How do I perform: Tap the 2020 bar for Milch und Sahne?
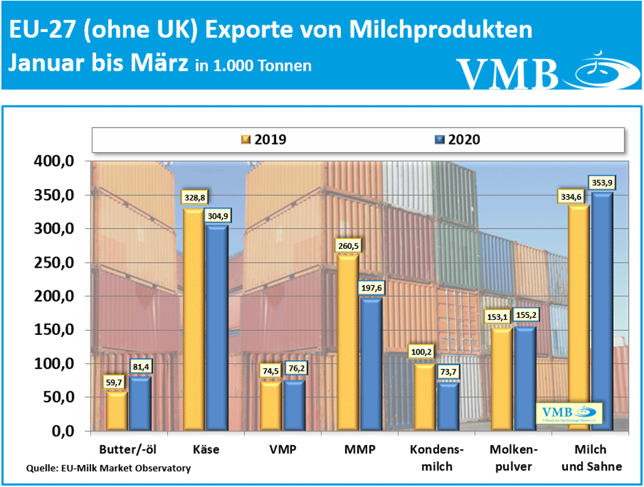pos(601,314)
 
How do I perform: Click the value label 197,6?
pos(369,288)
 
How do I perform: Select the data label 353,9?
pos(602,183)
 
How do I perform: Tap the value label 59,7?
pos(117,381)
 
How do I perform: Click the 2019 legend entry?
pos(264,140)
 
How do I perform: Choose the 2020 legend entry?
pos(457,140)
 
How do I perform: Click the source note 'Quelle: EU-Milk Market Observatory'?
pos(108,468)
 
